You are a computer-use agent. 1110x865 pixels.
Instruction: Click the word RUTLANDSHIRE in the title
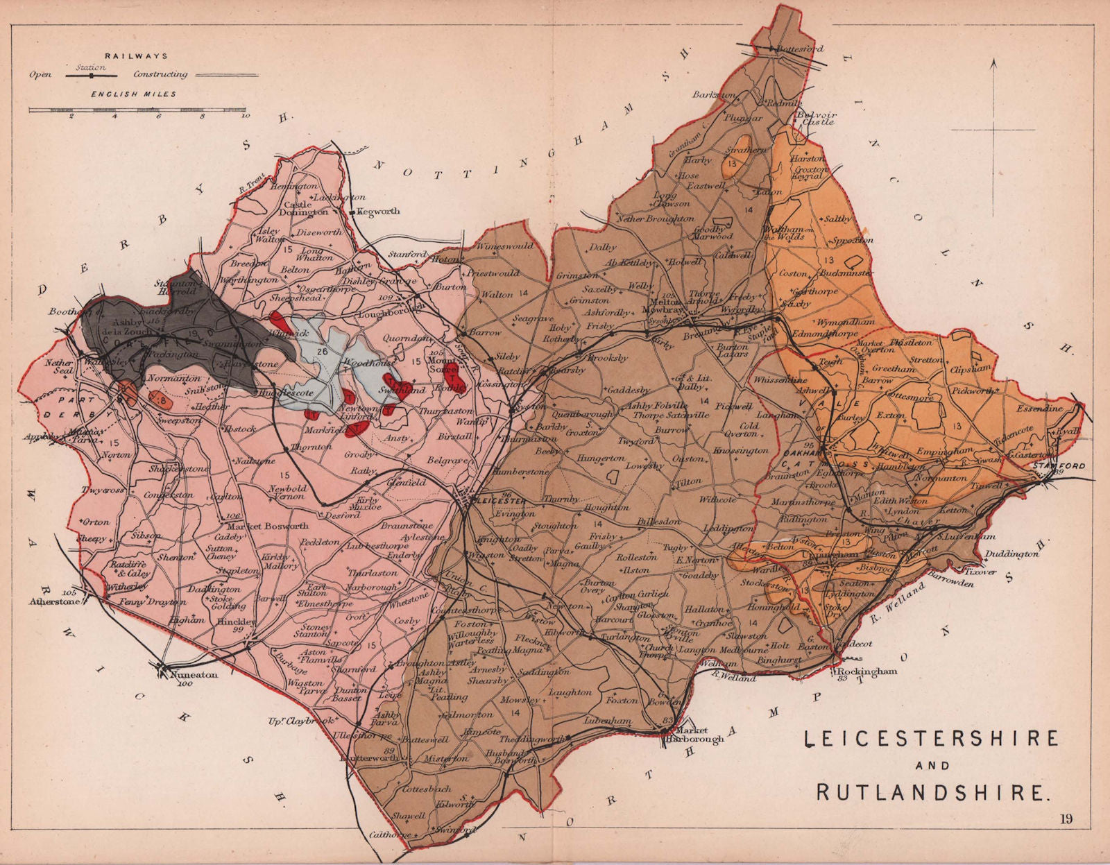931,791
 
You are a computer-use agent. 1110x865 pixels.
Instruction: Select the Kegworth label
379,212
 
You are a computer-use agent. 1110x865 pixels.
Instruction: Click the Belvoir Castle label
817,117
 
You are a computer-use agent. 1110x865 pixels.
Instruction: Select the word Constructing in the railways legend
160,74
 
